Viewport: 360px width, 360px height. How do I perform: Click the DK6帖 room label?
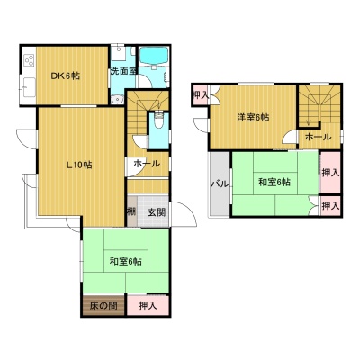click(65, 76)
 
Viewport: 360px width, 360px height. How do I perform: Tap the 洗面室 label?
click(123, 71)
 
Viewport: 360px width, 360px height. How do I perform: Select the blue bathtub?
click(154, 55)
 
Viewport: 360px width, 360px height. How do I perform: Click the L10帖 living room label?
click(79, 165)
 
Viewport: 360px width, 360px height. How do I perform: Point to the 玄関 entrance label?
click(157, 212)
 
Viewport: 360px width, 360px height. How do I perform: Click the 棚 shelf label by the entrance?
click(131, 211)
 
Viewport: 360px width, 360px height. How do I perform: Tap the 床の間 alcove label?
click(103, 306)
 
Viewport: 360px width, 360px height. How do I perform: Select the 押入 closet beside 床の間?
click(148, 306)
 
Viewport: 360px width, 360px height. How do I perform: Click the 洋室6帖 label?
click(253, 118)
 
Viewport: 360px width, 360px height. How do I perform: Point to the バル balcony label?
click(220, 184)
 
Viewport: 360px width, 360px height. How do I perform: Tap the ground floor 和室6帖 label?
click(126, 262)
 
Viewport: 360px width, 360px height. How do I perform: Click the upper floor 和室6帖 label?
click(274, 182)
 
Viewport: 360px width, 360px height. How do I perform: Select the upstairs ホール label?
click(318, 138)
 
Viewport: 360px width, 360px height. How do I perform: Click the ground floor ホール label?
click(147, 164)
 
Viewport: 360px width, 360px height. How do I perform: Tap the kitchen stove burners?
click(30, 60)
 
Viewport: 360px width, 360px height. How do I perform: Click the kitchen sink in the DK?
click(29, 87)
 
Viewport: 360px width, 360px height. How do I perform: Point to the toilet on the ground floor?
click(159, 121)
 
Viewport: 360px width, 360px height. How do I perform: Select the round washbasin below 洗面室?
click(118, 99)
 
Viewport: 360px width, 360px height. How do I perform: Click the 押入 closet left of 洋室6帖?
click(201, 95)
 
